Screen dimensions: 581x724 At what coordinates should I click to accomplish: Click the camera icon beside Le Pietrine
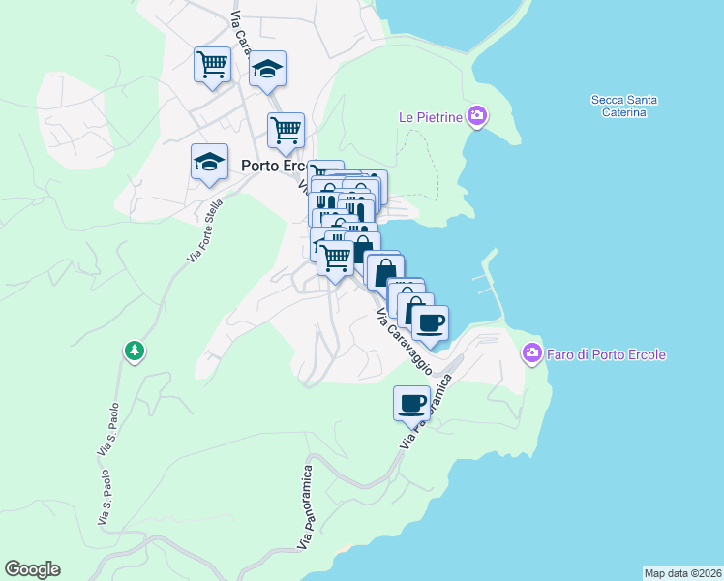click(x=476, y=117)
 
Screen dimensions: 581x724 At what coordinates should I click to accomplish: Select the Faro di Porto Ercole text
click(x=607, y=354)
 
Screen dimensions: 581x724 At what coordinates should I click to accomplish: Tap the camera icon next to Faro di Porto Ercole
click(x=531, y=353)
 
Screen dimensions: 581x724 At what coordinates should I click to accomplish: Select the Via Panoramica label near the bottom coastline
click(x=306, y=514)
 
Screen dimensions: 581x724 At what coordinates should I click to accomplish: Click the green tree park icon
click(x=135, y=351)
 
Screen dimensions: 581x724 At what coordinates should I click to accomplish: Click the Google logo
click(x=32, y=569)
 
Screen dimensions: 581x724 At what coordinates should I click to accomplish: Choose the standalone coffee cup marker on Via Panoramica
click(x=411, y=402)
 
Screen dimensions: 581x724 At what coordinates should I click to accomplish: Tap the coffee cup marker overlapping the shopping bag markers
click(x=431, y=321)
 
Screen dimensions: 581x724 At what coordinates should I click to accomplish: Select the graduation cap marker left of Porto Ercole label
click(x=209, y=162)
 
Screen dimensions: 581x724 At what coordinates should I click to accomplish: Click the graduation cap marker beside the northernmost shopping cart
click(x=267, y=69)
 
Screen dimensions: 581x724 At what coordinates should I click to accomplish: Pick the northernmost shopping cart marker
click(x=212, y=65)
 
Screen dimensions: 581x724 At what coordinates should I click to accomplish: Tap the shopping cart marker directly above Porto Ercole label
click(x=286, y=130)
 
